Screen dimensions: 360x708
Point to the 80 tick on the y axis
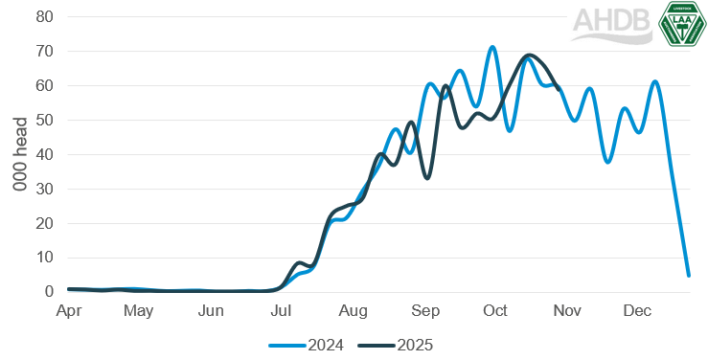[x=43, y=17]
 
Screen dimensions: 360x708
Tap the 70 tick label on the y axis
[x=43, y=52]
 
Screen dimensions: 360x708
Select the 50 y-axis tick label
[x=43, y=121]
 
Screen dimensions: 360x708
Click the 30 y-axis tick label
[x=43, y=190]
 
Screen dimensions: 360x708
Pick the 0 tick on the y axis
[x=48, y=292]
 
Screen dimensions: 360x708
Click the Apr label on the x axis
[x=68, y=312]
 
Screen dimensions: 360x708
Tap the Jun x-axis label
[x=211, y=312]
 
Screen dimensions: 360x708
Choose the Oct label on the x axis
[x=495, y=312]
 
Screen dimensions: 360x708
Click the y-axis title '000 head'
[x=19, y=155]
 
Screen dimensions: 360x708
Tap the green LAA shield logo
[x=682, y=23]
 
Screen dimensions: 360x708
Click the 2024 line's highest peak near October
[x=492, y=47]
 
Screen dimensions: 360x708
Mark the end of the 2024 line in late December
[x=689, y=276]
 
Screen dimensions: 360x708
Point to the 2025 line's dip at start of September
[x=427, y=178]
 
